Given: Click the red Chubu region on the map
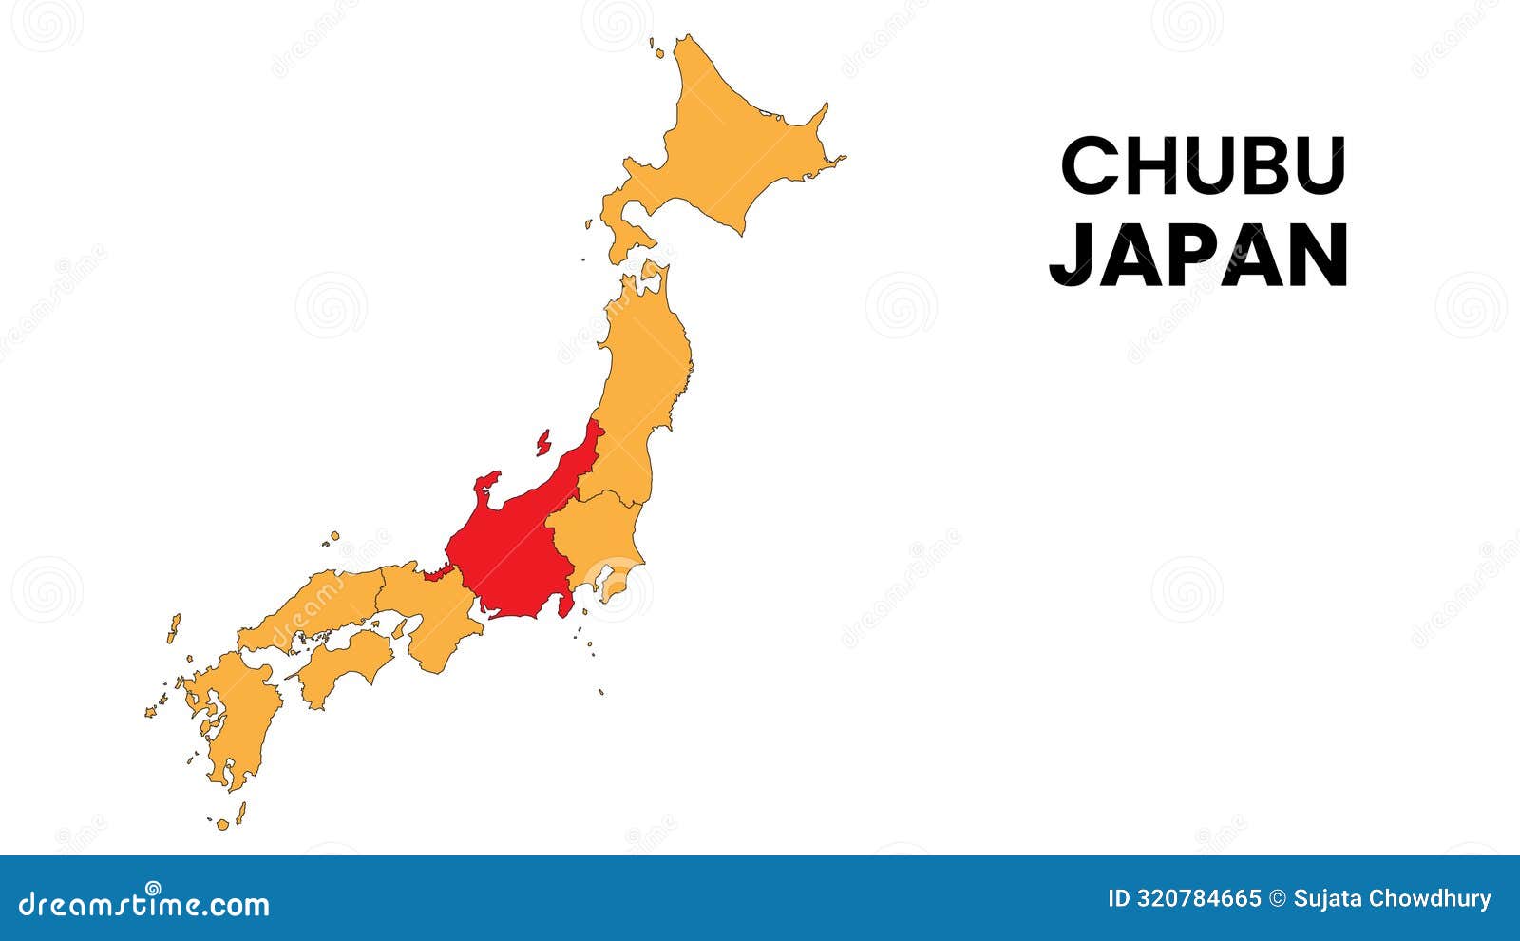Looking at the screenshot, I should coord(513,551).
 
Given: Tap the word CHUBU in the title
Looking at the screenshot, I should coord(1203,165).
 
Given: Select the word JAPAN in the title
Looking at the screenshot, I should coord(1199,255).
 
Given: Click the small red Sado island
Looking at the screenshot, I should coord(543,443).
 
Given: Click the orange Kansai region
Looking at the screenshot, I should coord(432,613).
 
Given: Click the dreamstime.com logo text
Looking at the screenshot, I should coord(144,903).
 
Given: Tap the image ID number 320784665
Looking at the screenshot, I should coord(1199,898).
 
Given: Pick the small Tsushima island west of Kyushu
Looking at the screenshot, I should coord(174,627).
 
